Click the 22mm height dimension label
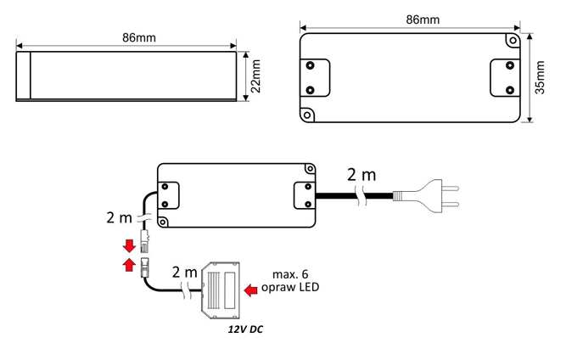click(x=255, y=76)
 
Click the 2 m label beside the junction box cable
click(x=185, y=273)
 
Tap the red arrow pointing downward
click(x=129, y=247)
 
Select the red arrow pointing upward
click(x=129, y=266)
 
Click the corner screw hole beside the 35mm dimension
click(x=512, y=40)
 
